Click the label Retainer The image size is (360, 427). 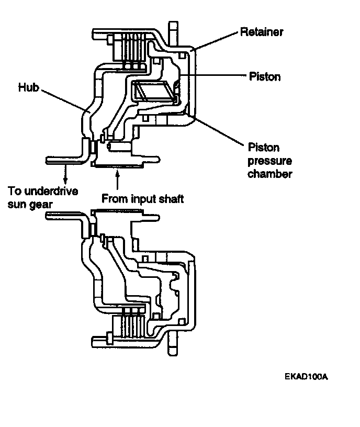[x=262, y=32]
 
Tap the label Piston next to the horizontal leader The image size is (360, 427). [x=265, y=76]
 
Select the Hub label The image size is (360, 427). [x=29, y=87]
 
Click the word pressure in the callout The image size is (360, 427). [x=269, y=161]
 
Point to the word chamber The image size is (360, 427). [x=269, y=174]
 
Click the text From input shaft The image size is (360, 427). [x=142, y=199]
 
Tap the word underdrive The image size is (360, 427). [x=51, y=191]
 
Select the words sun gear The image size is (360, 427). [x=30, y=205]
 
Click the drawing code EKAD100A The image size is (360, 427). [x=306, y=377]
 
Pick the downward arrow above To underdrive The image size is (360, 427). [x=65, y=174]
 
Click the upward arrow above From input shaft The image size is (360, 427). [x=117, y=179]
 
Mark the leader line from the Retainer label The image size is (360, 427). [x=215, y=41]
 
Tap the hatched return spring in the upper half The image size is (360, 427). [x=154, y=92]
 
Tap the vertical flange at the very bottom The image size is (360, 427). [x=173, y=344]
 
